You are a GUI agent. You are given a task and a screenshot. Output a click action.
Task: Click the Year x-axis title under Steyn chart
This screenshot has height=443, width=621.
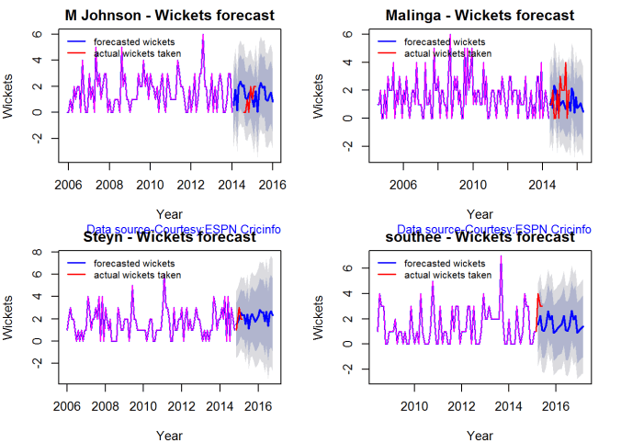tap(168, 433)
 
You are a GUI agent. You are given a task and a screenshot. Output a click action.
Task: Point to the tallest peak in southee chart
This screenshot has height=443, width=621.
tap(501, 257)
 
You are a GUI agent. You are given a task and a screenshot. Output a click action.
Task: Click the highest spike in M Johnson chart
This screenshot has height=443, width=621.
tap(203, 35)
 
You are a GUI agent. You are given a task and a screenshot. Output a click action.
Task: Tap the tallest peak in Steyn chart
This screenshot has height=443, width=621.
tap(164, 275)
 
